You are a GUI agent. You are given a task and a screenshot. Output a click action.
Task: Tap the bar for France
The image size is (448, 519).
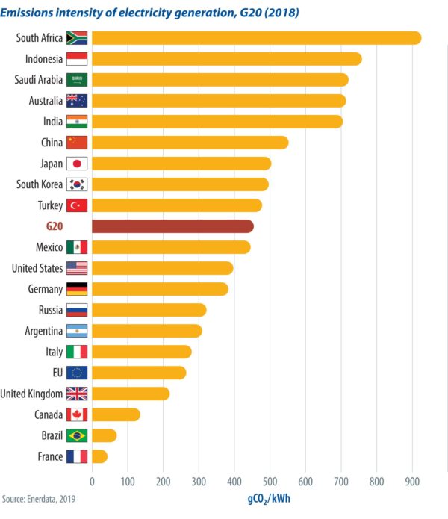pos(99,456)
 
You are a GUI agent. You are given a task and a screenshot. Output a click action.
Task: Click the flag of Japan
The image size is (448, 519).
pos(77,164)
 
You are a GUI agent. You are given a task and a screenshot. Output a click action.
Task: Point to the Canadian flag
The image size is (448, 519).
pos(77,414)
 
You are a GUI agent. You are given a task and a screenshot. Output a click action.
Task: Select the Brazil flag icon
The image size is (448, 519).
pos(77,435)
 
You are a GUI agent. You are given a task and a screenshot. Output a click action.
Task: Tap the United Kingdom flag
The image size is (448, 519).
pos(77,394)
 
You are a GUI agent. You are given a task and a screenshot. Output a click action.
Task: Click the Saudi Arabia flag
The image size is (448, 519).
pos(77,80)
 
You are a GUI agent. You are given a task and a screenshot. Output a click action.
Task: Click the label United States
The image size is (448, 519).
pos(37,268)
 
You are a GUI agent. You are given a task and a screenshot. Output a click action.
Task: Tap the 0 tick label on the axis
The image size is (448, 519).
pos(92,482)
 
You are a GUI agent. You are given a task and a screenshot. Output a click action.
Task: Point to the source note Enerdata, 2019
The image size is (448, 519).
pos(39,498)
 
